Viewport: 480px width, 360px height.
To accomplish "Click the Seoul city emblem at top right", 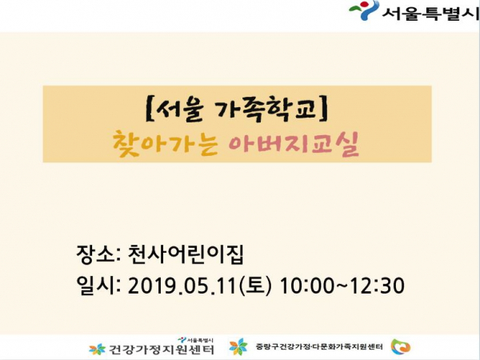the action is pyautogui.click(x=364, y=10).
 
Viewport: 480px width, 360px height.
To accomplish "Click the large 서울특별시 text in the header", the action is pyautogui.click(x=431, y=13).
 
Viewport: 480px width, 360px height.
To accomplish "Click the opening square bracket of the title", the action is pyautogui.click(x=148, y=108).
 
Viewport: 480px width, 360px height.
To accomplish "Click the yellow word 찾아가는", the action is pyautogui.click(x=165, y=144).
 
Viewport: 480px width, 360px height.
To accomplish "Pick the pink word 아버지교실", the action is pyautogui.click(x=294, y=144).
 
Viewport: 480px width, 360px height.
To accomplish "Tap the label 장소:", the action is pyautogui.click(x=98, y=254).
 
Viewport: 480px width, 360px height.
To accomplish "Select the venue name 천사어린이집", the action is pyautogui.click(x=186, y=254).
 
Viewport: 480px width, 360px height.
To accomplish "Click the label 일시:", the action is pyautogui.click(x=98, y=285).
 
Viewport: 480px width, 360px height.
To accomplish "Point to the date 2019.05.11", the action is pyautogui.click(x=183, y=286).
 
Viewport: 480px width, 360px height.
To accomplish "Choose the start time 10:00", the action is pyautogui.click(x=307, y=286).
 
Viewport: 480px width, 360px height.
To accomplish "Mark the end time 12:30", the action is pyautogui.click(x=377, y=286).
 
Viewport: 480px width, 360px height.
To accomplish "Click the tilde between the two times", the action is pyautogui.click(x=342, y=286).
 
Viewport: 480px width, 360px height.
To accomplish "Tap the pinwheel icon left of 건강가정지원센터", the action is pyautogui.click(x=97, y=349).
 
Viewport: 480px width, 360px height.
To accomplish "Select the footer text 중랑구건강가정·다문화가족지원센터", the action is pyautogui.click(x=319, y=346).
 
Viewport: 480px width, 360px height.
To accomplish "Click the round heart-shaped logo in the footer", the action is pyautogui.click(x=401, y=347).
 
